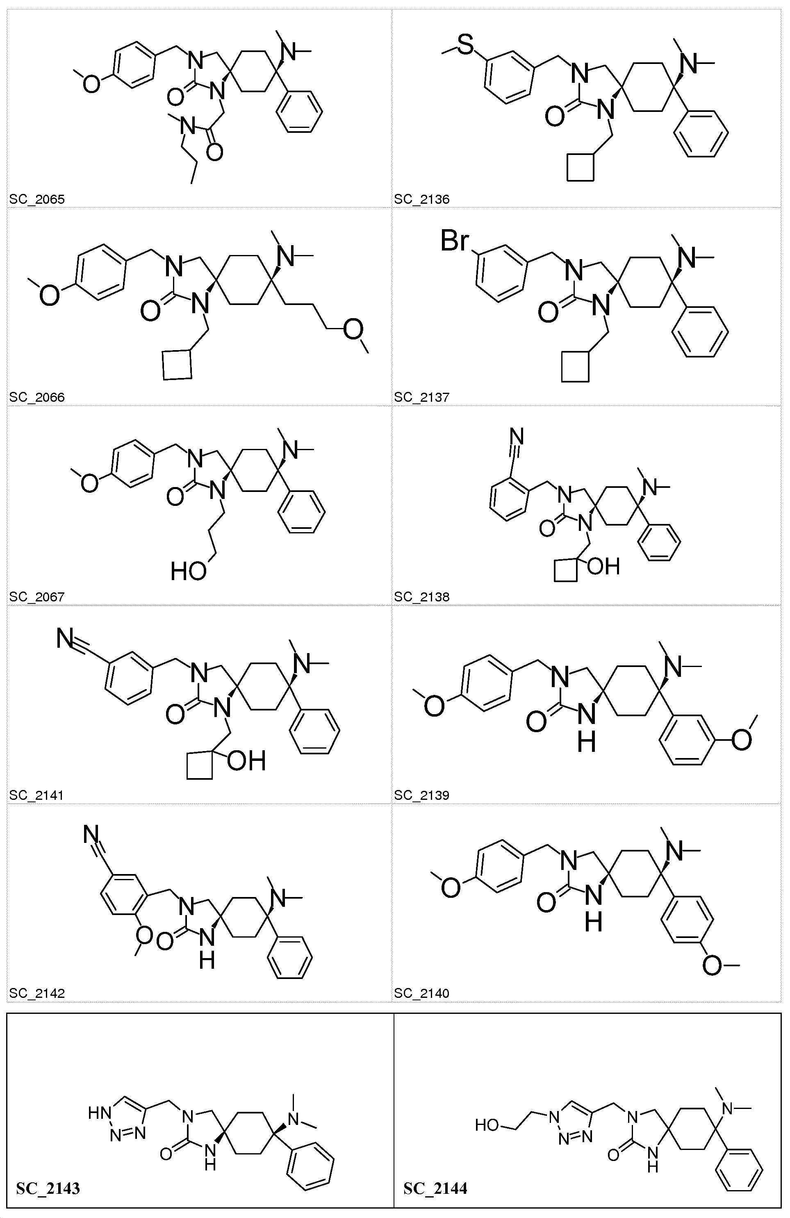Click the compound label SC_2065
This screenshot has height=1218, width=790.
37,199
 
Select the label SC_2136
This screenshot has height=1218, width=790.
421,199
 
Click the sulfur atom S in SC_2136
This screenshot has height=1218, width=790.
466,45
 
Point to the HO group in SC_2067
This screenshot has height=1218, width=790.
188,571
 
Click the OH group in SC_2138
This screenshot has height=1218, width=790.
604,567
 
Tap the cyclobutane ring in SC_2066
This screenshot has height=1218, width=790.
177,364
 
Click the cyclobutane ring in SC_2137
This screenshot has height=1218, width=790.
575,366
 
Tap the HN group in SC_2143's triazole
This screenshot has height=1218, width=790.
99,1113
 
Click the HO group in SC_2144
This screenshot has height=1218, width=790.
486,1125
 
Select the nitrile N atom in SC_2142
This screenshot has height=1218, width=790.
91,835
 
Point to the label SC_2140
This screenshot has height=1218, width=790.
421,993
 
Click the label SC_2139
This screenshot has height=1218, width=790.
421,795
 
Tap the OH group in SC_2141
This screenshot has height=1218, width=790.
246,761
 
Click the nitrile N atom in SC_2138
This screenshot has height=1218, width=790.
517,437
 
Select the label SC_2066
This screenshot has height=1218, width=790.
37,397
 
